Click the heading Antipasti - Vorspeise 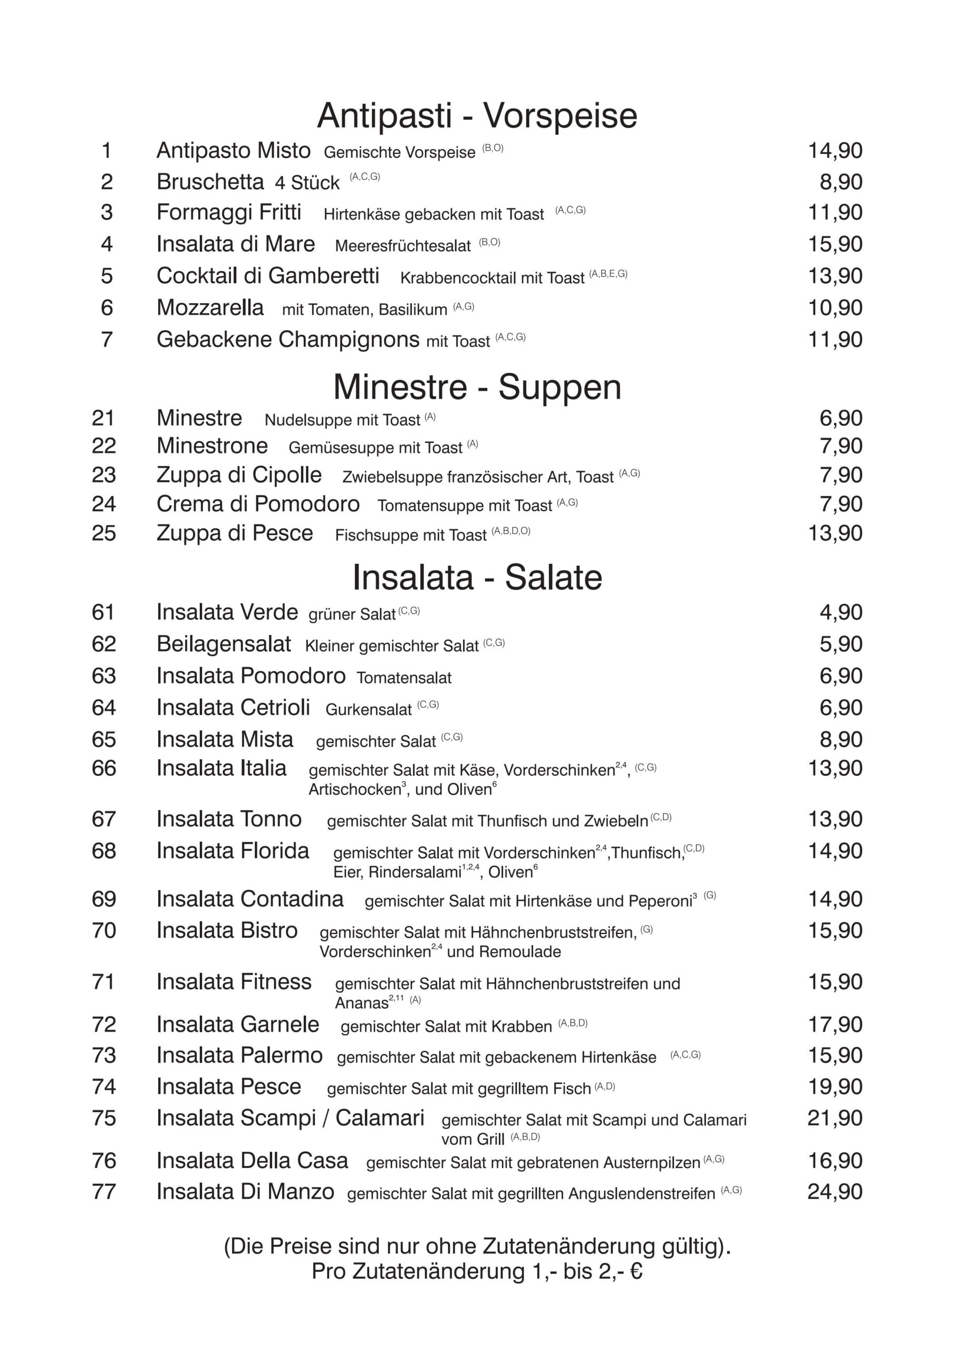tap(477, 115)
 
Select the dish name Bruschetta tap(210, 182)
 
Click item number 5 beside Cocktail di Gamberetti tap(107, 276)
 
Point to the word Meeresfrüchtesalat tap(403, 246)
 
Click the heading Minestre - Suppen tap(477, 387)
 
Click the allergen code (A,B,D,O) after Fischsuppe tap(511, 531)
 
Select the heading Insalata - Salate tap(477, 577)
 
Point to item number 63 tap(103, 676)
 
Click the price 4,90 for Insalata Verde tap(841, 612)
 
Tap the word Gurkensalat tap(369, 709)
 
